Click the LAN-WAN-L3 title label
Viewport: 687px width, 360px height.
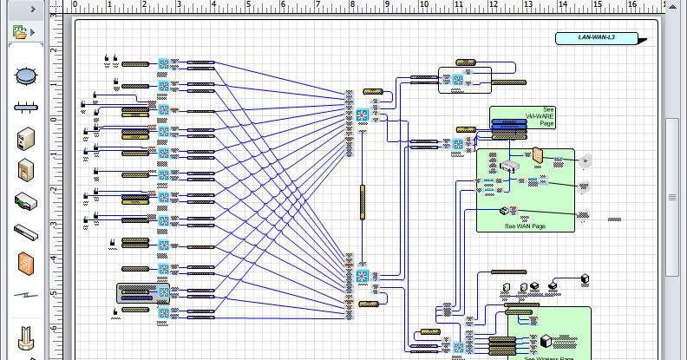(596, 38)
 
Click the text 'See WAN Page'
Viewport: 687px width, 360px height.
(526, 226)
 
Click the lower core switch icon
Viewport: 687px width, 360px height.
(363, 277)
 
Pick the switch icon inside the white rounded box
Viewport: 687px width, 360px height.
(455, 82)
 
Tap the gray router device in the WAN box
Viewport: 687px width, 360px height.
(511, 167)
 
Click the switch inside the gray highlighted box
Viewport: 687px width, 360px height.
(164, 292)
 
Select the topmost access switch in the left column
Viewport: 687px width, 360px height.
(164, 64)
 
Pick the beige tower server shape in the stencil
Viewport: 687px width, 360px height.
(25, 138)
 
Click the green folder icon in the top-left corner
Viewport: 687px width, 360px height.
(20, 32)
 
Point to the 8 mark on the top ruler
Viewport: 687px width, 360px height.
(352, 5)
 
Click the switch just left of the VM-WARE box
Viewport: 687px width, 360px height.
(458, 144)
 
